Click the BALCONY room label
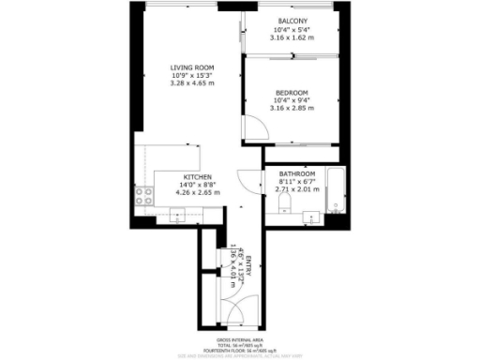click(292, 22)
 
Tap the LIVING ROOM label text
click(192, 67)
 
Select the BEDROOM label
click(291, 92)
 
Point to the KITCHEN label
click(197, 177)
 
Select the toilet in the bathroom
click(283, 206)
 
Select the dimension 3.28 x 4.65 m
click(192, 83)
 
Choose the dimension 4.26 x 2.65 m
click(197, 193)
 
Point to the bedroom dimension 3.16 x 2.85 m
click(291, 108)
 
